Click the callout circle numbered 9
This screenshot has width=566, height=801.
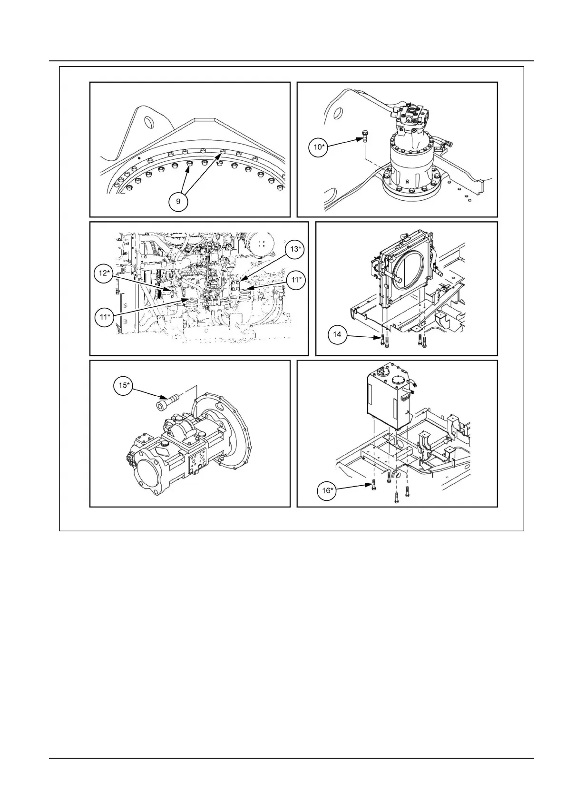(x=178, y=202)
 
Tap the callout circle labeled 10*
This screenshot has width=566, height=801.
(x=318, y=147)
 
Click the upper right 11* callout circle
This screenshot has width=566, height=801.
(x=296, y=280)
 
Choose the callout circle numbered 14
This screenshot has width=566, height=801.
(x=337, y=334)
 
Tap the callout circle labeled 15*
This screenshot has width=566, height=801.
(x=123, y=385)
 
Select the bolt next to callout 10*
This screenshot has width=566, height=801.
(x=365, y=136)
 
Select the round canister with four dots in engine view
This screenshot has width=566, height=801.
(x=261, y=244)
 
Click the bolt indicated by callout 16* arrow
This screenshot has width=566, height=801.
(x=374, y=486)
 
